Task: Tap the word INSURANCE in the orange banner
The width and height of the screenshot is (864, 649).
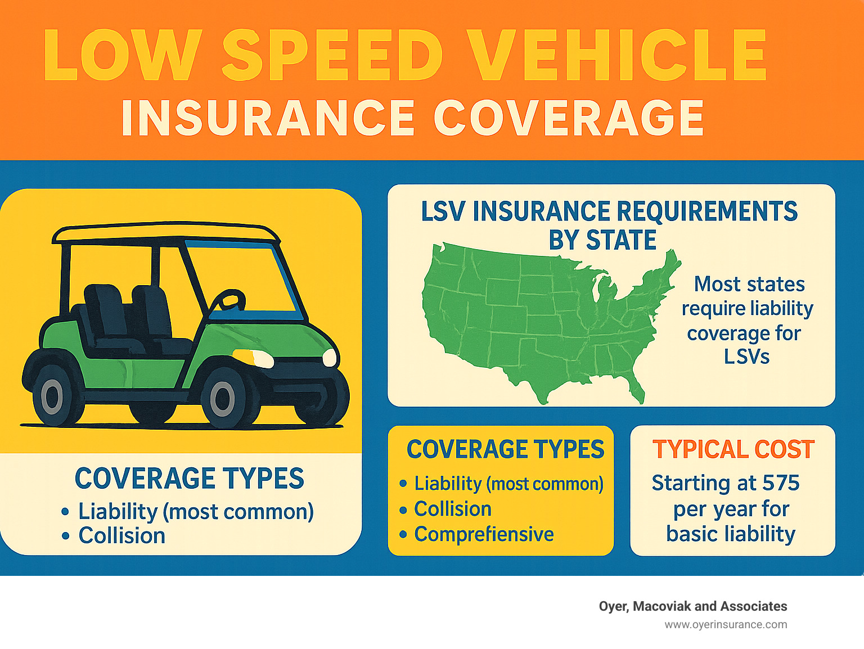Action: (268, 118)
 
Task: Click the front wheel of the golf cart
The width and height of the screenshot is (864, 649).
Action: (223, 399)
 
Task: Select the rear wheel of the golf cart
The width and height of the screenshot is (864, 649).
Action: (52, 396)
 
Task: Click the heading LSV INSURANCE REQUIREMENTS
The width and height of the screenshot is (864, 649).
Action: (609, 211)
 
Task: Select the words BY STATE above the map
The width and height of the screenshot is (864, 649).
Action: (602, 240)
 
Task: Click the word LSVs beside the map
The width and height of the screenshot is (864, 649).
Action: (746, 357)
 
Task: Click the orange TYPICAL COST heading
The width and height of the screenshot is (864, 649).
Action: (733, 449)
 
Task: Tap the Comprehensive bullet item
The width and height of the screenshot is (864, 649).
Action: (484, 534)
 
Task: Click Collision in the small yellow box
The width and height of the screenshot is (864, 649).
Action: (453, 509)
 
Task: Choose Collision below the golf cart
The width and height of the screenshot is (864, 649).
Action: (122, 535)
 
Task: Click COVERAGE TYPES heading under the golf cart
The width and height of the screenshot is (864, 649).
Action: (190, 479)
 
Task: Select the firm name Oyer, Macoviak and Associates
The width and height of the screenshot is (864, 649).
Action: (693, 606)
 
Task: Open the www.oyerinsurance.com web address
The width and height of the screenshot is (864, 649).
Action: (726, 624)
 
